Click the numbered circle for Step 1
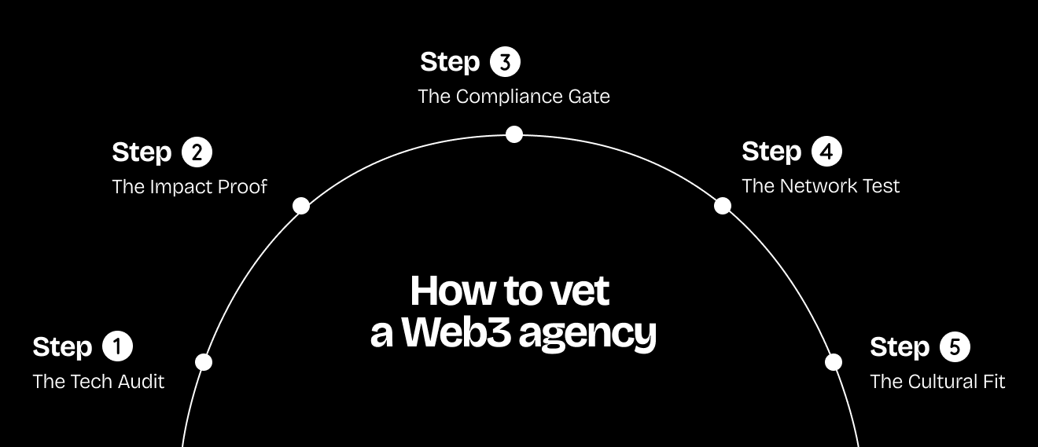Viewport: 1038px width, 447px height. pos(118,346)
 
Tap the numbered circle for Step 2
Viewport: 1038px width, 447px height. pos(197,152)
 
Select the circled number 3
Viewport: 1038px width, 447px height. pos(505,62)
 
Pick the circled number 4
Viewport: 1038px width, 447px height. pos(826,152)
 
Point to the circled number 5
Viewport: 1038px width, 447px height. pos(955,346)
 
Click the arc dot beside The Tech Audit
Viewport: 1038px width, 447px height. pos(204,362)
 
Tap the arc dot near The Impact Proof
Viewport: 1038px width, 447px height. pos(301,206)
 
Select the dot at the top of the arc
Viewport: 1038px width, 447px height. pos(514,134)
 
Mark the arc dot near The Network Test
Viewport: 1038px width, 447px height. pos(723,206)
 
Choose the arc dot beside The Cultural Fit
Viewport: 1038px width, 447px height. pos(834,362)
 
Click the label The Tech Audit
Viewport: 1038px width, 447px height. pos(98,382)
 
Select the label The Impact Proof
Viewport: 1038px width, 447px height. pos(190,187)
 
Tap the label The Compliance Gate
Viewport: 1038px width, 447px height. pos(513,97)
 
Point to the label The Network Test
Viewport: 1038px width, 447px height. pos(820,186)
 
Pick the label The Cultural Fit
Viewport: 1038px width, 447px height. pos(937,382)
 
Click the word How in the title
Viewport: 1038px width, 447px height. pos(444,291)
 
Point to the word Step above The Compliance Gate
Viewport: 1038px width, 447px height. pos(450,62)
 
